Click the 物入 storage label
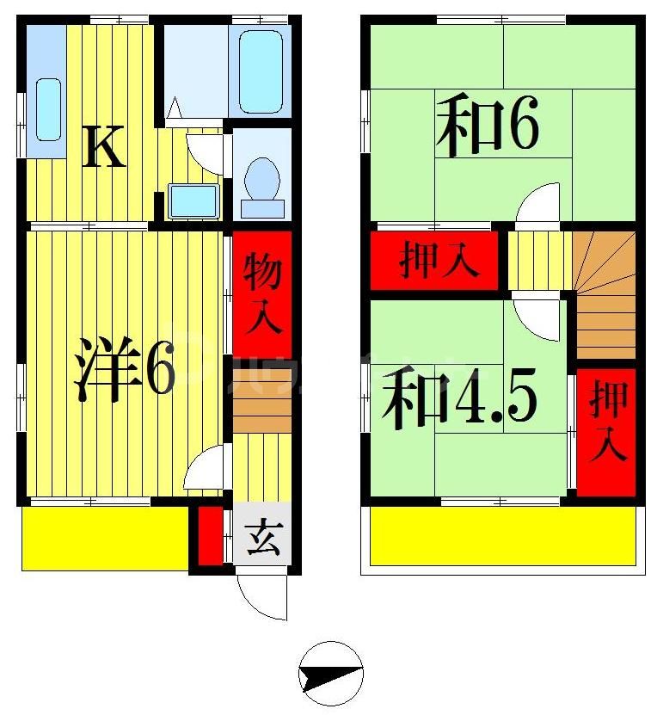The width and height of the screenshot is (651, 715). [x=261, y=293]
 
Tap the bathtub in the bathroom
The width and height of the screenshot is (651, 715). [x=261, y=71]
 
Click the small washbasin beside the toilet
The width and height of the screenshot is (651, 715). [x=193, y=200]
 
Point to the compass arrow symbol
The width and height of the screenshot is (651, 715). [x=331, y=673]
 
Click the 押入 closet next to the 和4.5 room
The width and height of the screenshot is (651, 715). [x=607, y=430]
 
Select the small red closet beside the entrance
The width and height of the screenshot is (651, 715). [x=209, y=537]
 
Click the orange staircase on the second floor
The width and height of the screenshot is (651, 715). [x=605, y=293]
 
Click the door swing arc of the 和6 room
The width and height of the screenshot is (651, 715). [x=540, y=203]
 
